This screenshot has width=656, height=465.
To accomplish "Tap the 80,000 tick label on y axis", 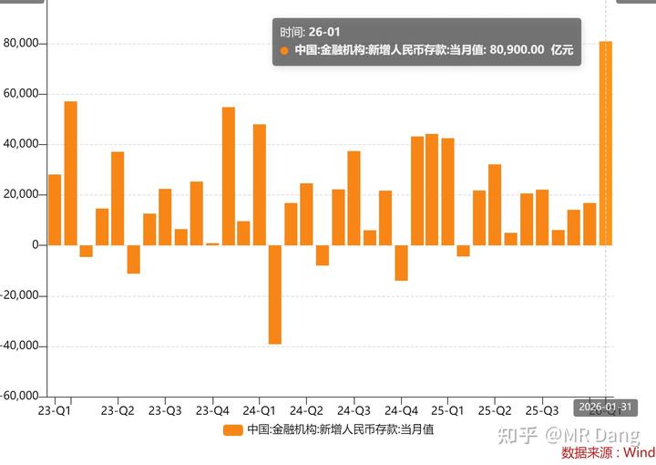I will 21,43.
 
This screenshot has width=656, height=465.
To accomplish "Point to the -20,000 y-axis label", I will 19,295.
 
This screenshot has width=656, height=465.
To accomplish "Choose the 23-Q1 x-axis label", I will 54,411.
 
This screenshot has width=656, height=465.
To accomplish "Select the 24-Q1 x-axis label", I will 260,411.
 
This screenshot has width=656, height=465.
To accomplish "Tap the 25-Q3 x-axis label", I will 543,411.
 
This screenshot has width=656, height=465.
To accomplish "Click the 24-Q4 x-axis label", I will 401,411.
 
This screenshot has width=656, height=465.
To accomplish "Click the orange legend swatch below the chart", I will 233,429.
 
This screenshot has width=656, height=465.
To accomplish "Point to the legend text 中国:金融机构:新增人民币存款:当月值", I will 340,429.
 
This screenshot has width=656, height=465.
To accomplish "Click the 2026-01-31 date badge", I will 603,407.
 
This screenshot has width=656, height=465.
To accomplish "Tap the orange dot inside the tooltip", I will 284,51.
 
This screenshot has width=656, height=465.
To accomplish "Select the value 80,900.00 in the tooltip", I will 517,51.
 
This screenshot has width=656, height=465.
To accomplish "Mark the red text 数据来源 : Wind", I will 608,452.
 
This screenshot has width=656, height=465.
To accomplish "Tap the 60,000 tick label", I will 21,93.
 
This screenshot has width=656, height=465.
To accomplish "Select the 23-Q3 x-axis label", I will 165,411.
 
